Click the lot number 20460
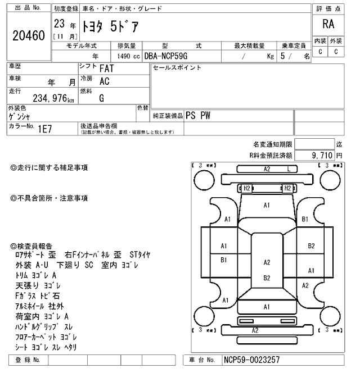[x=28, y=37]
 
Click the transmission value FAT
[x=106, y=69]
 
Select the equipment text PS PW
[x=199, y=115]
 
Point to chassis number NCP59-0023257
[x=251, y=360]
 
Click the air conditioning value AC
[x=104, y=81]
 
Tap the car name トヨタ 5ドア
[x=110, y=26]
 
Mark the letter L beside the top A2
[x=289, y=169]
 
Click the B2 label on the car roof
[x=267, y=278]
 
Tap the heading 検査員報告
[x=35, y=246]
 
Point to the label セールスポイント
[x=177, y=68]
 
